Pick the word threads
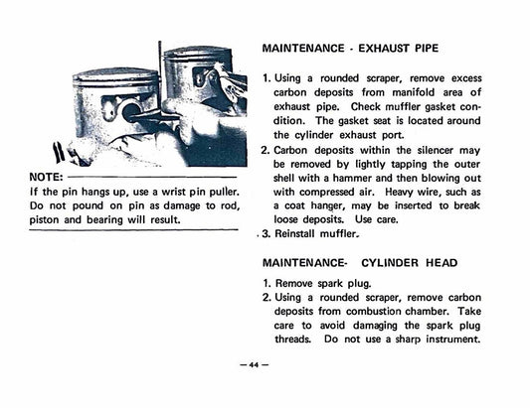(297, 339)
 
